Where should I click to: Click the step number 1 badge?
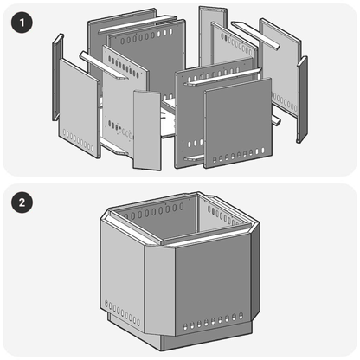point(22,22)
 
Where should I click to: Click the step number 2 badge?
point(22,204)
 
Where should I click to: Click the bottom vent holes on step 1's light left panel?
point(78,140)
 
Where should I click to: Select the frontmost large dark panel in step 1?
point(238,121)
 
